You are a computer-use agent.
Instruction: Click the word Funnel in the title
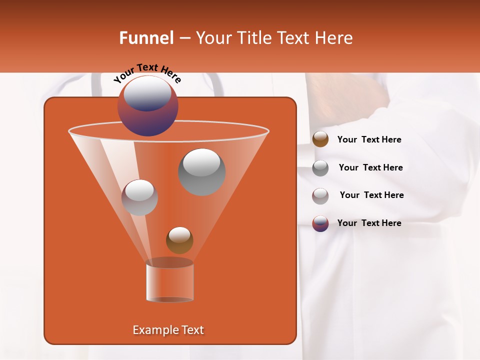[146, 38]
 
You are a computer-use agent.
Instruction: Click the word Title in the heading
[253, 38]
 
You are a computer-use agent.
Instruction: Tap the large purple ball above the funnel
[147, 105]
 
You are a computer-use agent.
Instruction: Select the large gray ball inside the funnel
[202, 172]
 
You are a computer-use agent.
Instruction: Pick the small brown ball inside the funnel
[179, 240]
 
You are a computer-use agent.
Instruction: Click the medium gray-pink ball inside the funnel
[140, 197]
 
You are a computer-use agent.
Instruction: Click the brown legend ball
[320, 139]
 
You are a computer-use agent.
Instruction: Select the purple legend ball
[320, 223]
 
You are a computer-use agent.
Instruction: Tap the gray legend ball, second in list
[320, 167]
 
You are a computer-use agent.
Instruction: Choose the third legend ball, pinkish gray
[320, 195]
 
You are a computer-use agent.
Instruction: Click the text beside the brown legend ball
[369, 140]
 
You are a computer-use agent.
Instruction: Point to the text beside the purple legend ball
[369, 223]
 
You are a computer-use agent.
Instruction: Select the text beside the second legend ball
[370, 167]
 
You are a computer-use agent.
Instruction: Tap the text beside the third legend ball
[371, 195]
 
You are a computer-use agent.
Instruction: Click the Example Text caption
[168, 330]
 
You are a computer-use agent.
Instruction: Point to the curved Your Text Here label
[147, 72]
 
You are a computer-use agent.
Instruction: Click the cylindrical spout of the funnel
[169, 281]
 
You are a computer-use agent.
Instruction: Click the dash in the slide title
[184, 38]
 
